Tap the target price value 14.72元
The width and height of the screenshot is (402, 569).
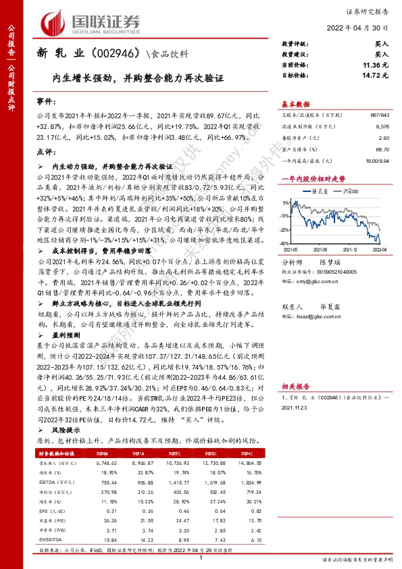tap(375, 75)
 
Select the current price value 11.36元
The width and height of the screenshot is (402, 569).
tap(375, 65)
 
